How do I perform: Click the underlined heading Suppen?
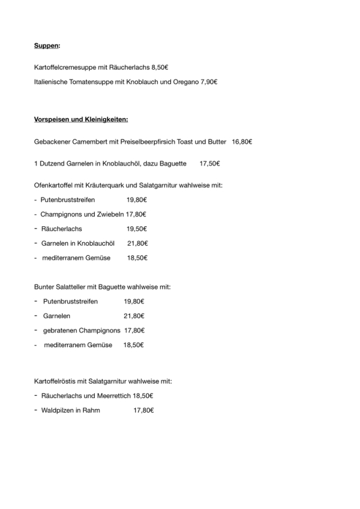tap(47, 45)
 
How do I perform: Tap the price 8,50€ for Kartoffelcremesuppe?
tap(156, 67)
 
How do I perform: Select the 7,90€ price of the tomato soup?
tap(209, 82)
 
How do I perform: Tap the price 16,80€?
tap(242, 141)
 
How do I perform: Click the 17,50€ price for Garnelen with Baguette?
tap(210, 163)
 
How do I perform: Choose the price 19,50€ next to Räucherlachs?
tap(137, 229)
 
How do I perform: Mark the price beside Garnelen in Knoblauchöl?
tap(137, 243)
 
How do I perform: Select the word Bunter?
tap(45, 287)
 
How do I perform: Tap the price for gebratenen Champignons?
tap(134, 330)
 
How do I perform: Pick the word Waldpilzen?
tap(57, 410)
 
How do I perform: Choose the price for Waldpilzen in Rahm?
tap(143, 410)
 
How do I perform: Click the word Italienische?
tap(53, 82)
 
